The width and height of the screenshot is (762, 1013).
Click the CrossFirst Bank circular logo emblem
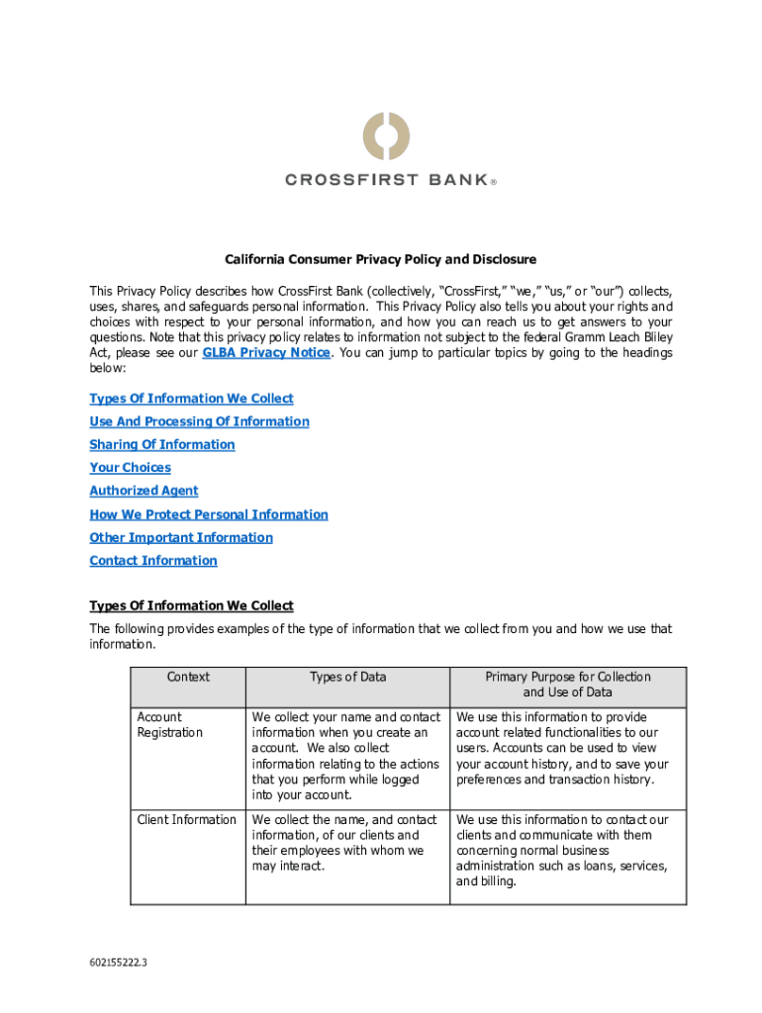[385, 137]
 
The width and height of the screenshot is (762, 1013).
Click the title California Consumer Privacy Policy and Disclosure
[380, 259]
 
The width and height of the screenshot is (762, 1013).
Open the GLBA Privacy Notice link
[265, 353]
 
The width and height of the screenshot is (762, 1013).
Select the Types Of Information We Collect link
[191, 399]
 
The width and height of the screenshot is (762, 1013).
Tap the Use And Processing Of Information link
[199, 421]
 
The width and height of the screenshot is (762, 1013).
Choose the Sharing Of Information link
[162, 445]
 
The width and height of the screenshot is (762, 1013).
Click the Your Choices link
[130, 468]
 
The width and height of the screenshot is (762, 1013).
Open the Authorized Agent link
[143, 491]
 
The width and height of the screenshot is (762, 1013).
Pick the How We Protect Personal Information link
[209, 514]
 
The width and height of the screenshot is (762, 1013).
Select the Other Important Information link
[181, 537]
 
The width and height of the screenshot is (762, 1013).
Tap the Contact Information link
[153, 561]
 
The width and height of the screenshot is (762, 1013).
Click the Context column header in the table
[188, 678]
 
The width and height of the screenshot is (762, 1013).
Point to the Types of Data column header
[347, 678]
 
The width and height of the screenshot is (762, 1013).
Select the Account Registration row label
[169, 725]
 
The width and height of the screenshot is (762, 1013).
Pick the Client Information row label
[186, 820]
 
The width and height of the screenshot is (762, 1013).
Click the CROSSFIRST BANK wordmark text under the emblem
[386, 180]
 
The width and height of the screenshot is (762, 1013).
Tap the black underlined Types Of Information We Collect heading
[191, 605]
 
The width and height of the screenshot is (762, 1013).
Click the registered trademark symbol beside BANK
[493, 182]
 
